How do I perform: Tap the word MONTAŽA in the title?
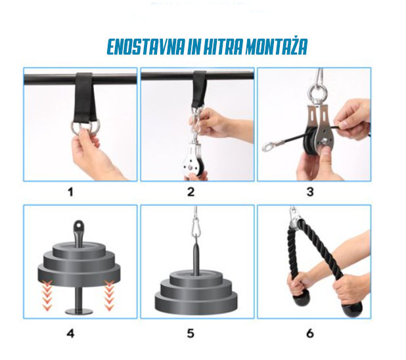(x=277, y=47)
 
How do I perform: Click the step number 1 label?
(x=70, y=192)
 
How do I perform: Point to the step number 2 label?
(x=191, y=192)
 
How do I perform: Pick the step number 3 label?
(x=310, y=192)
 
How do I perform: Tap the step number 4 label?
(x=70, y=333)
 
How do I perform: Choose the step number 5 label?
(x=191, y=333)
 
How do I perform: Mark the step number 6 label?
(x=310, y=333)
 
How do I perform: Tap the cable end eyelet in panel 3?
(x=269, y=146)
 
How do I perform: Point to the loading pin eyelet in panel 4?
(x=78, y=226)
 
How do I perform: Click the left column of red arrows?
(x=47, y=295)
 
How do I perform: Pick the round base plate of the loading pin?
(x=79, y=311)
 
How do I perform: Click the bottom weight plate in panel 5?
(x=196, y=302)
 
